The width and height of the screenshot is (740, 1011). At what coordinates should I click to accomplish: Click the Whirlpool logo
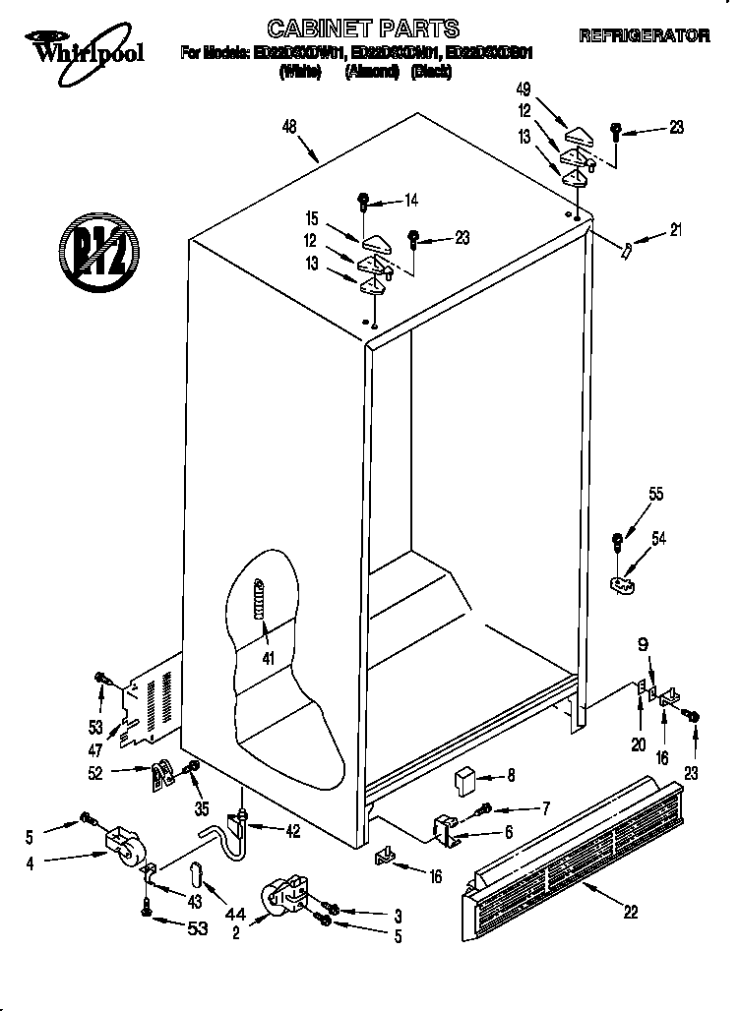tap(86, 46)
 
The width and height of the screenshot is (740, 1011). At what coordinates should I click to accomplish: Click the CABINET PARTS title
tap(363, 28)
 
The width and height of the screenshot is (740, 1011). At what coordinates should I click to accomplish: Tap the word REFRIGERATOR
tap(645, 35)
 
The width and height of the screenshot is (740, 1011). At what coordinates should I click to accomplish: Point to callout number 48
tap(288, 125)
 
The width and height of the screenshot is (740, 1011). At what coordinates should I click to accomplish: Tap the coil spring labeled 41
tap(260, 598)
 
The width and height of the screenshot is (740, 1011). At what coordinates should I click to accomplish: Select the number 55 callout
tap(655, 495)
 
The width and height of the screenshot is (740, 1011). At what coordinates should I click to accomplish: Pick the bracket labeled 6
tap(448, 829)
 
